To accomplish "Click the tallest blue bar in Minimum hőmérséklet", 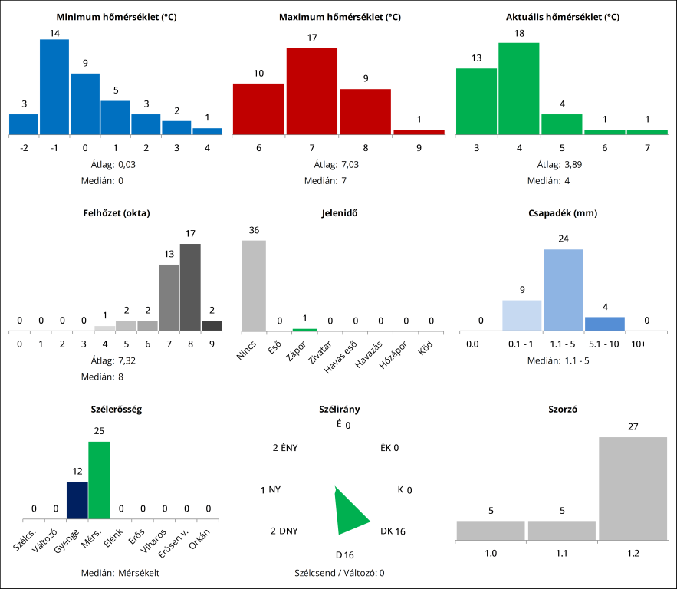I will (x=54, y=87).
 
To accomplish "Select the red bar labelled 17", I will (x=312, y=90).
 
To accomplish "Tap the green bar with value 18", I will (x=518, y=88).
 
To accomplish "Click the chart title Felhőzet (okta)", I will (x=117, y=213).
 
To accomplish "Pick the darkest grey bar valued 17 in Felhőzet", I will (x=190, y=287).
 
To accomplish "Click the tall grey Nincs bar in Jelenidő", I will (x=254, y=285).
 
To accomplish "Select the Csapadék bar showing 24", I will (x=564, y=290).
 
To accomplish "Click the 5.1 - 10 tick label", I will (x=604, y=344).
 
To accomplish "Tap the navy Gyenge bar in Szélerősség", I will (x=77, y=500).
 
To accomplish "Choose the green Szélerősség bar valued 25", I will (x=99, y=480).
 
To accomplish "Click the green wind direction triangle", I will (x=349, y=512).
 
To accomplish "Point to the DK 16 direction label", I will (x=393, y=531).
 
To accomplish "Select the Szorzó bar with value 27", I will (x=633, y=489).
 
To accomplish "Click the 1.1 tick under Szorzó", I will (x=561, y=552).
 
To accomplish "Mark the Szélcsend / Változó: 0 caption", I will (x=339, y=572).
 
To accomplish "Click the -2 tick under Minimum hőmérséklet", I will (x=24, y=147).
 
